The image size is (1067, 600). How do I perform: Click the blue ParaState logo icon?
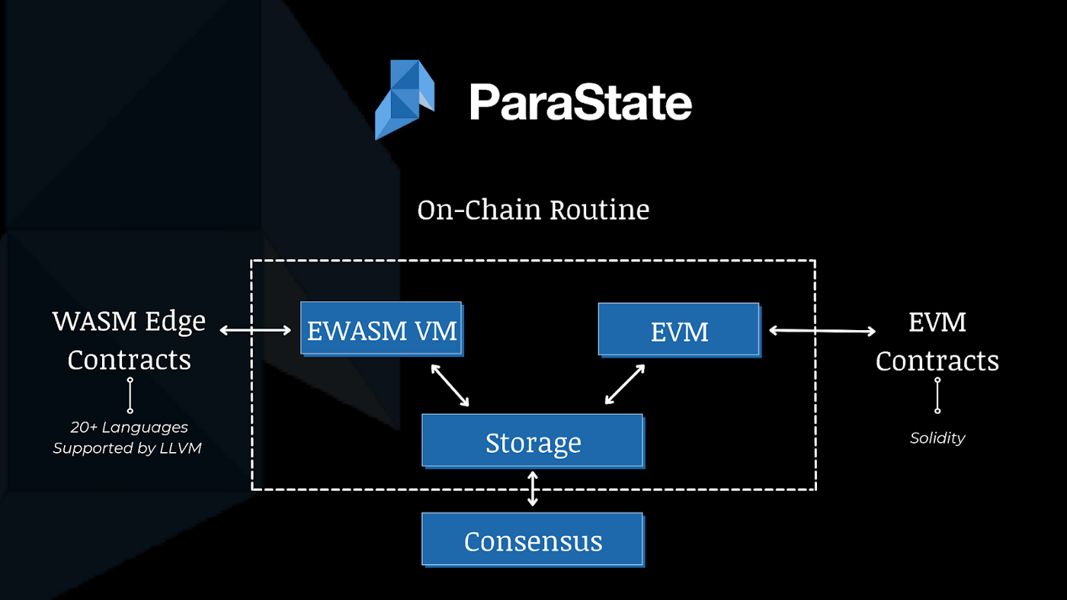[405, 99]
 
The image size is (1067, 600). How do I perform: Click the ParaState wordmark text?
[580, 102]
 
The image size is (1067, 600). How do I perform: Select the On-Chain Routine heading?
[533, 210]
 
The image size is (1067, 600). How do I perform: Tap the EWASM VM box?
[381, 330]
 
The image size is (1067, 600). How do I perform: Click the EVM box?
[678, 331]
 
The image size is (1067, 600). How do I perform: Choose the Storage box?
[532, 441]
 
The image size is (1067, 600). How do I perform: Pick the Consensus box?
[532, 541]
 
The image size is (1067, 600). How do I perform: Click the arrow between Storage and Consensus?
[533, 489]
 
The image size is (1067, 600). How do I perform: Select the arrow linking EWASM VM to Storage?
[450, 385]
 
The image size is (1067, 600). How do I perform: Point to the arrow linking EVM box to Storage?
[625, 384]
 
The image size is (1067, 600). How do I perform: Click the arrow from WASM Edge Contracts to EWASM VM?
[256, 330]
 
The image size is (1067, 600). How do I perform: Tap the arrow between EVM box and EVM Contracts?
[822, 330]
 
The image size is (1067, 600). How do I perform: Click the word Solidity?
[937, 438]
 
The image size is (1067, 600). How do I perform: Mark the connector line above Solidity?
[937, 395]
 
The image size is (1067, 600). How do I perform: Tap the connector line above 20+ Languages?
[130, 395]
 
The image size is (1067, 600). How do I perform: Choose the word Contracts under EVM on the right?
[937, 361]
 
